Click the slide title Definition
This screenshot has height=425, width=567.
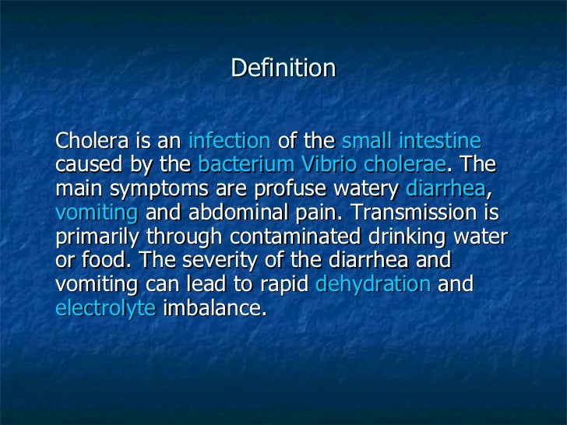(x=283, y=69)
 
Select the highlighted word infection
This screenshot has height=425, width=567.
(x=229, y=142)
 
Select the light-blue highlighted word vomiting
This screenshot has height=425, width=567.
(x=97, y=213)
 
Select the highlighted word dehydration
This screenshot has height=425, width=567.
(x=373, y=285)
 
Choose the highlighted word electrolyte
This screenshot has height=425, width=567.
(x=106, y=309)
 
